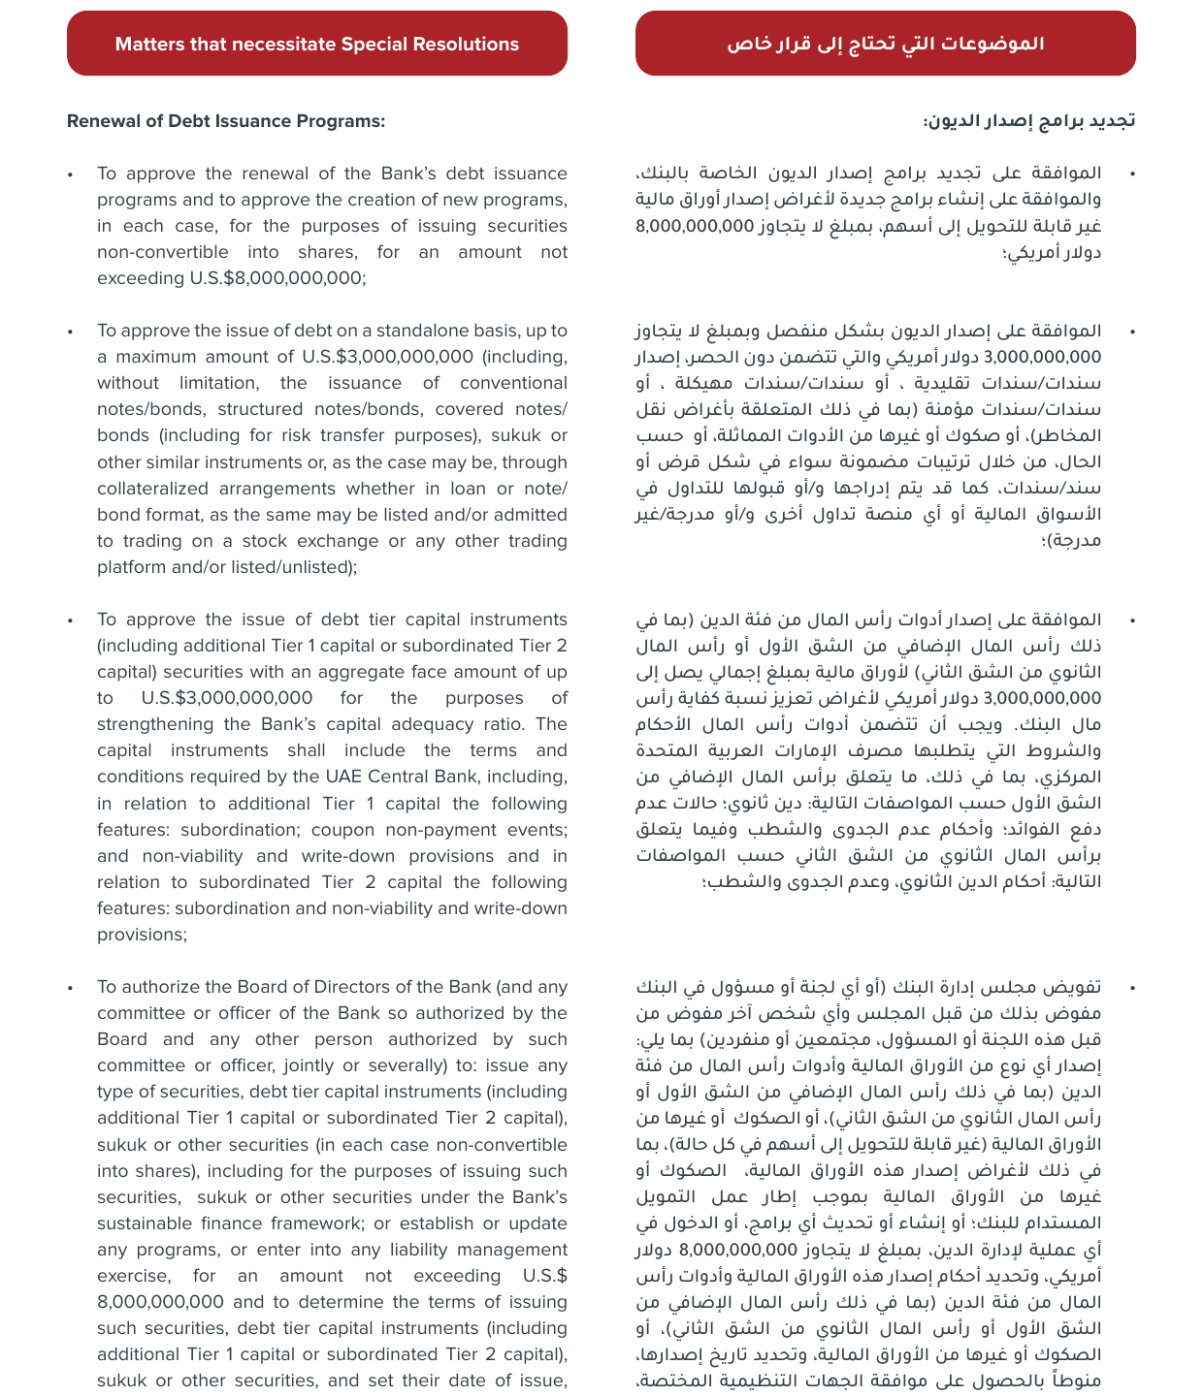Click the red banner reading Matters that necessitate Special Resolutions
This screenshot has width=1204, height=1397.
tap(317, 44)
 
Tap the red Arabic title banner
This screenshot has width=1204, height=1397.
tap(885, 44)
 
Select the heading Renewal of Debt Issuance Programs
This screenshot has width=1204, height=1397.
tap(226, 121)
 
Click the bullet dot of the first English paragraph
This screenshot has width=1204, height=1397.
tap(70, 175)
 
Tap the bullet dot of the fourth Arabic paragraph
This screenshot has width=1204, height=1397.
tap(1132, 988)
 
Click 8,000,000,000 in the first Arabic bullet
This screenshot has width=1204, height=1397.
tap(695, 226)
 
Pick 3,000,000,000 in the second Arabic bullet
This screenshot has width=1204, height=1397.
tap(1043, 357)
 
